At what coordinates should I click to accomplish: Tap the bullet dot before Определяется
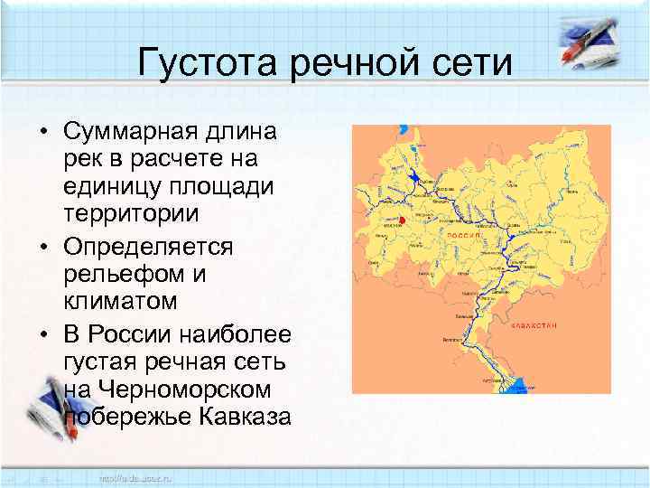44,247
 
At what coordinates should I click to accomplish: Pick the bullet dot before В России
44,335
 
